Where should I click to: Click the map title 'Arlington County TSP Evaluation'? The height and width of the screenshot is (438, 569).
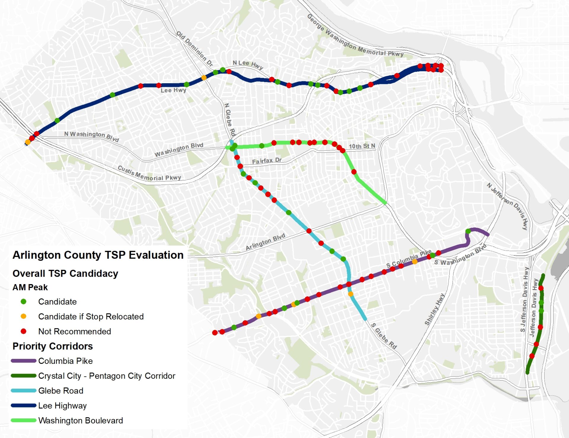point(98,255)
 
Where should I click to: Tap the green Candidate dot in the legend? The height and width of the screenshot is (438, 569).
point(23,302)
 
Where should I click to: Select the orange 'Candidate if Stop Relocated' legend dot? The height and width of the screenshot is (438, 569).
point(23,316)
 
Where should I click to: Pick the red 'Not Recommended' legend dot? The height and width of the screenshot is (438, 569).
point(23,331)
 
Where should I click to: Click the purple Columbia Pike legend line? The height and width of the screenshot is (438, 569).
point(23,361)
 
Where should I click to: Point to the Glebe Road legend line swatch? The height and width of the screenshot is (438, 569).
point(23,391)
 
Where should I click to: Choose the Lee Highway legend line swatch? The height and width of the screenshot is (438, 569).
point(23,405)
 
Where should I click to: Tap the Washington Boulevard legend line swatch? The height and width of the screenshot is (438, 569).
point(23,420)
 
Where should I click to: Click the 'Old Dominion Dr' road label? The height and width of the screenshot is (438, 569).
point(194,48)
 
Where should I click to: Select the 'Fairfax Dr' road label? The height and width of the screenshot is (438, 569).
point(266,161)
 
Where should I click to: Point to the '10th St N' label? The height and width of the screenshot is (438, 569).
point(362,146)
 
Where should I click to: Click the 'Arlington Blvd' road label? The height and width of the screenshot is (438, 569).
point(266,242)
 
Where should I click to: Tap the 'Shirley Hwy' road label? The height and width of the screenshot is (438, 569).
point(434,309)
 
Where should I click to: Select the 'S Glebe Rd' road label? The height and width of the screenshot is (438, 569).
point(384,336)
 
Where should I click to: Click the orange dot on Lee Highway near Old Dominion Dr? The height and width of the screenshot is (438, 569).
point(204,78)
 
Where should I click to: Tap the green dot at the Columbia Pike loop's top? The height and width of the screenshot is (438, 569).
point(468,231)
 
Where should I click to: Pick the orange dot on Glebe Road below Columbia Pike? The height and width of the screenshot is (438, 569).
point(351,294)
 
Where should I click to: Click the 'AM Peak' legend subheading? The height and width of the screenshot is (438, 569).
point(30,287)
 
